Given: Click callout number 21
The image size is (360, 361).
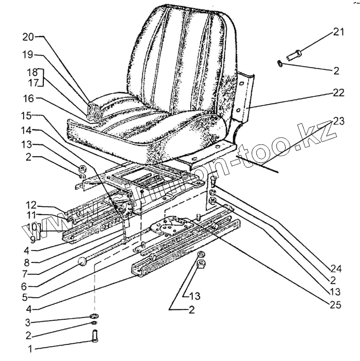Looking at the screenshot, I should point(338,32).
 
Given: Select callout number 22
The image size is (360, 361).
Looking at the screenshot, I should point(338,93).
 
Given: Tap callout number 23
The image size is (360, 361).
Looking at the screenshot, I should point(338,122).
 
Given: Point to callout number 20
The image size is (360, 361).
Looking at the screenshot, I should point(28,37).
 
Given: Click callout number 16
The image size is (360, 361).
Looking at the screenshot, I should point(28,97).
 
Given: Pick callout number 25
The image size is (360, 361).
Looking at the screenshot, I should point(336,304).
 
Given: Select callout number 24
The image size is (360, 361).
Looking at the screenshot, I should point(336,268).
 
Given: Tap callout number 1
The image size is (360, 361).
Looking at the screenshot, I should point(30,349).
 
